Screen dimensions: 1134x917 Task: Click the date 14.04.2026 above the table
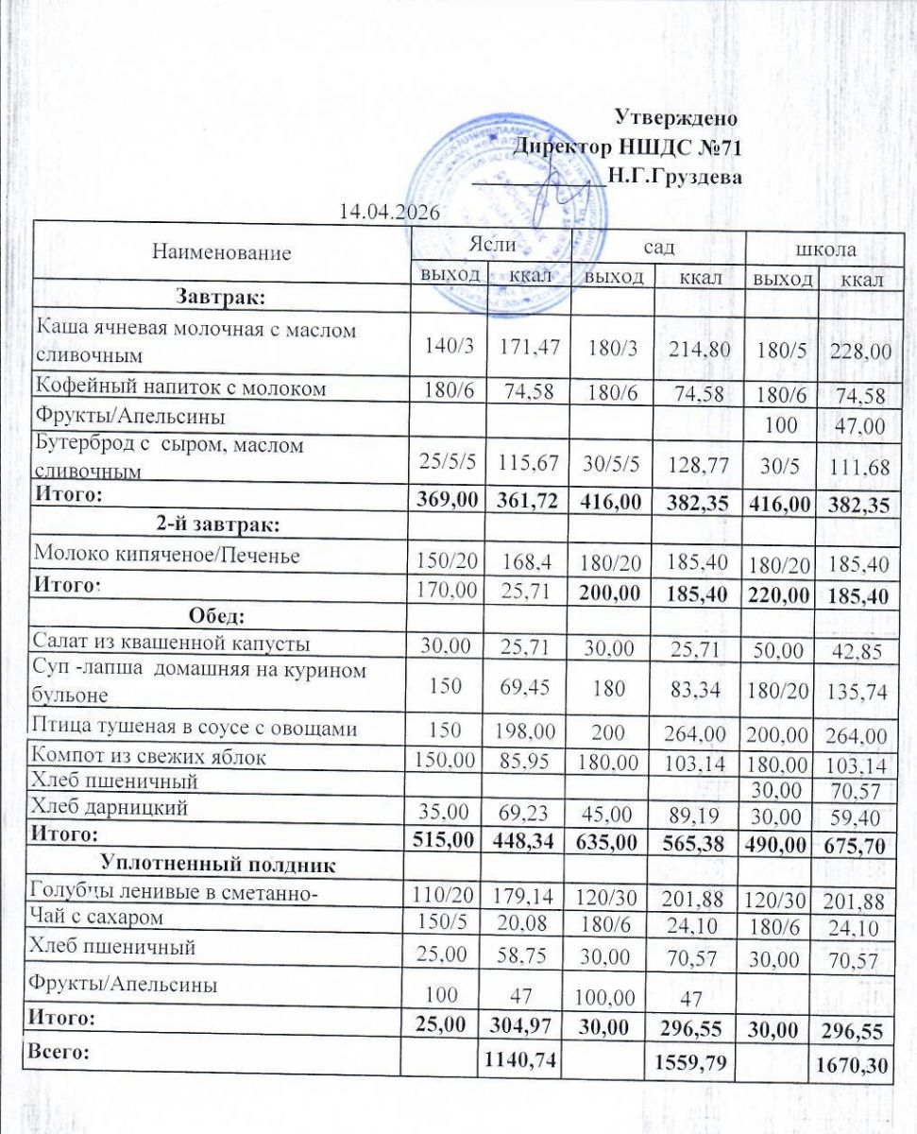pos(390,212)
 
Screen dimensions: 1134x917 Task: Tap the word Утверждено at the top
pos(675,118)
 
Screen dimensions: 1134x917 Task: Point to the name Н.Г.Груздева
pos(674,176)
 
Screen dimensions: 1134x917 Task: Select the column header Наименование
pos(221,253)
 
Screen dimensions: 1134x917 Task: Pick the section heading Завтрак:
pos(221,298)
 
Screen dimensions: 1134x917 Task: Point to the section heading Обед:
pos(217,617)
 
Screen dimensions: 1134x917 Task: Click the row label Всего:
pos(61,1054)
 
